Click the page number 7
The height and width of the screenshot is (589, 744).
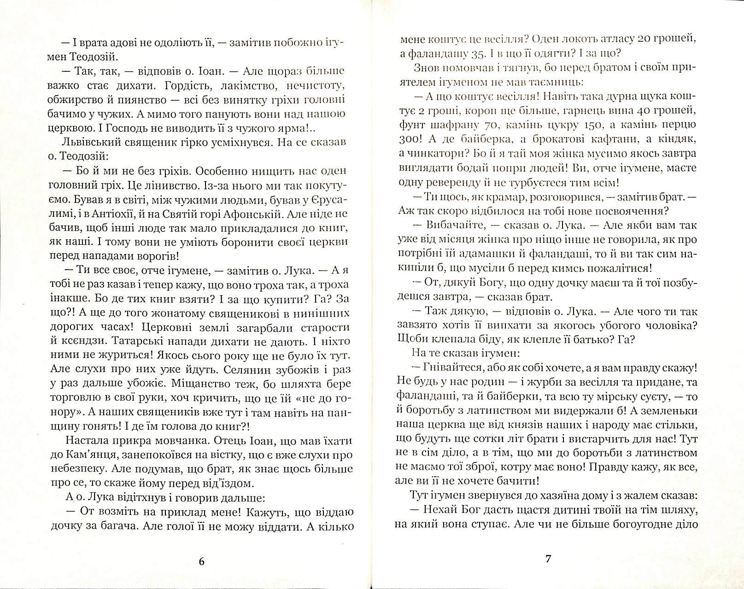pyautogui.click(x=548, y=559)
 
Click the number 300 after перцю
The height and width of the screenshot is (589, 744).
pyautogui.click(x=406, y=139)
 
